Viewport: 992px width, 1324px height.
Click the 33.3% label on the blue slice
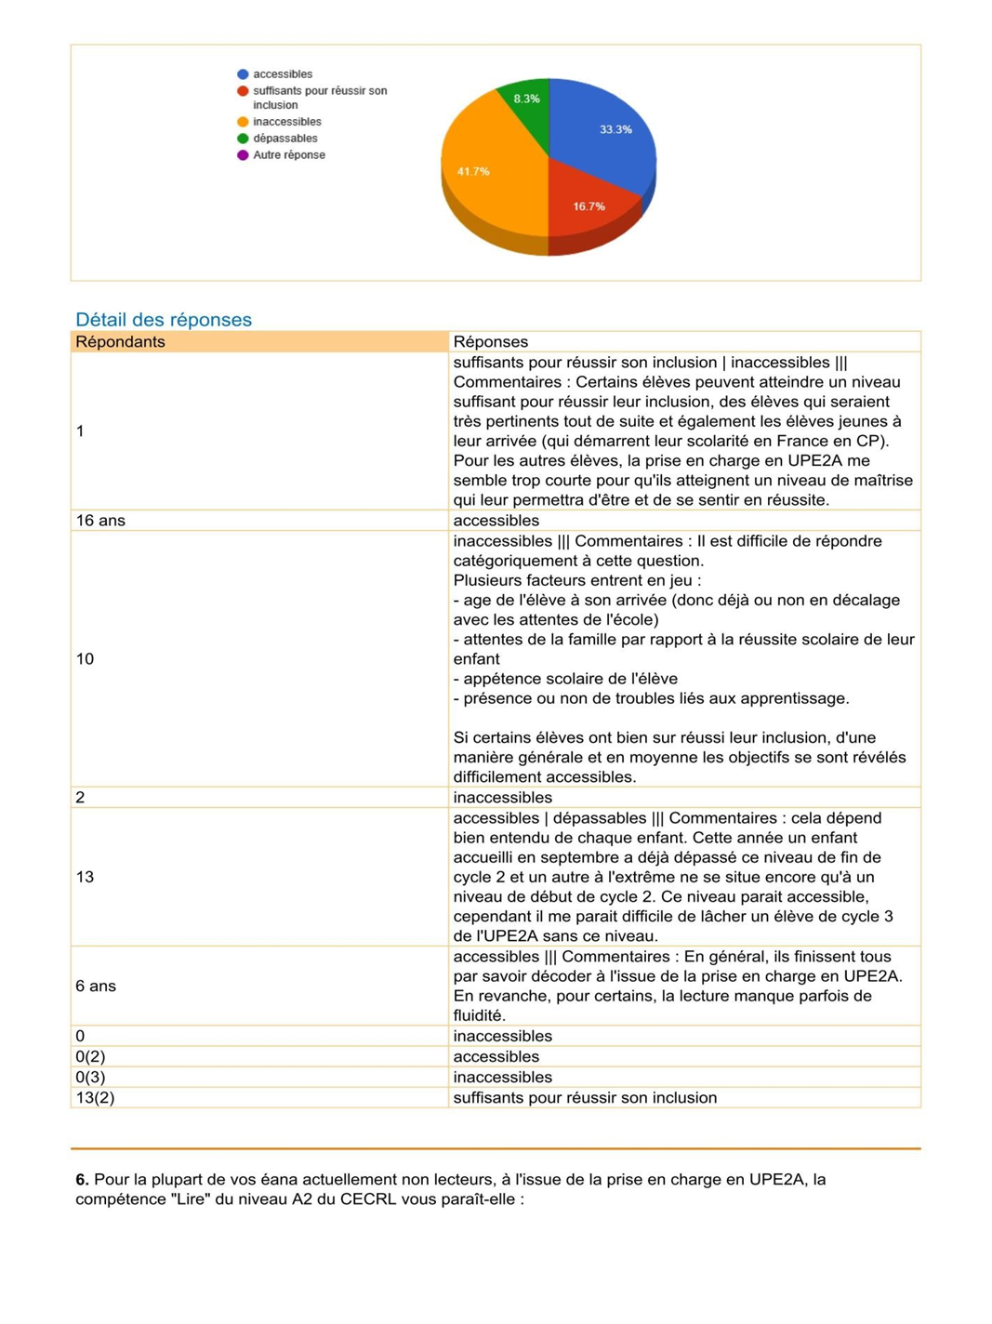point(615,129)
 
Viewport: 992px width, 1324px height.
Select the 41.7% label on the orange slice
point(473,171)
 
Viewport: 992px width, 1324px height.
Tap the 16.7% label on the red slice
point(589,206)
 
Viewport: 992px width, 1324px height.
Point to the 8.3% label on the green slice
point(526,99)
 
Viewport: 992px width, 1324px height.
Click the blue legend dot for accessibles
point(243,74)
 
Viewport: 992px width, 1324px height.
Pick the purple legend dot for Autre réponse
point(243,155)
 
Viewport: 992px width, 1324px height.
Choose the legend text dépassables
point(284,139)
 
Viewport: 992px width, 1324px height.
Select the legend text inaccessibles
point(286,122)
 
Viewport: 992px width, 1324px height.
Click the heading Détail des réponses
point(164,320)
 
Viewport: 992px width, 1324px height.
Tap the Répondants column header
point(120,342)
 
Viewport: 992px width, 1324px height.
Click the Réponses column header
point(490,342)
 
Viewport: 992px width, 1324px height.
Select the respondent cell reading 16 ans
point(100,521)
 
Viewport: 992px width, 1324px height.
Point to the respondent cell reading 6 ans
point(96,986)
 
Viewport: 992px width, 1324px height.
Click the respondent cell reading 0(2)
point(90,1056)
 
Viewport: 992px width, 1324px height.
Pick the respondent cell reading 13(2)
point(95,1097)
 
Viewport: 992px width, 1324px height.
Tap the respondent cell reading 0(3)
point(90,1077)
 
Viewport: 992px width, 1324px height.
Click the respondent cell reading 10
point(85,659)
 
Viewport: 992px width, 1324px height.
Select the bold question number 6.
point(82,1179)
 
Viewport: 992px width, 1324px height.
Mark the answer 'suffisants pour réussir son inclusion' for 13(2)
point(585,1097)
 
